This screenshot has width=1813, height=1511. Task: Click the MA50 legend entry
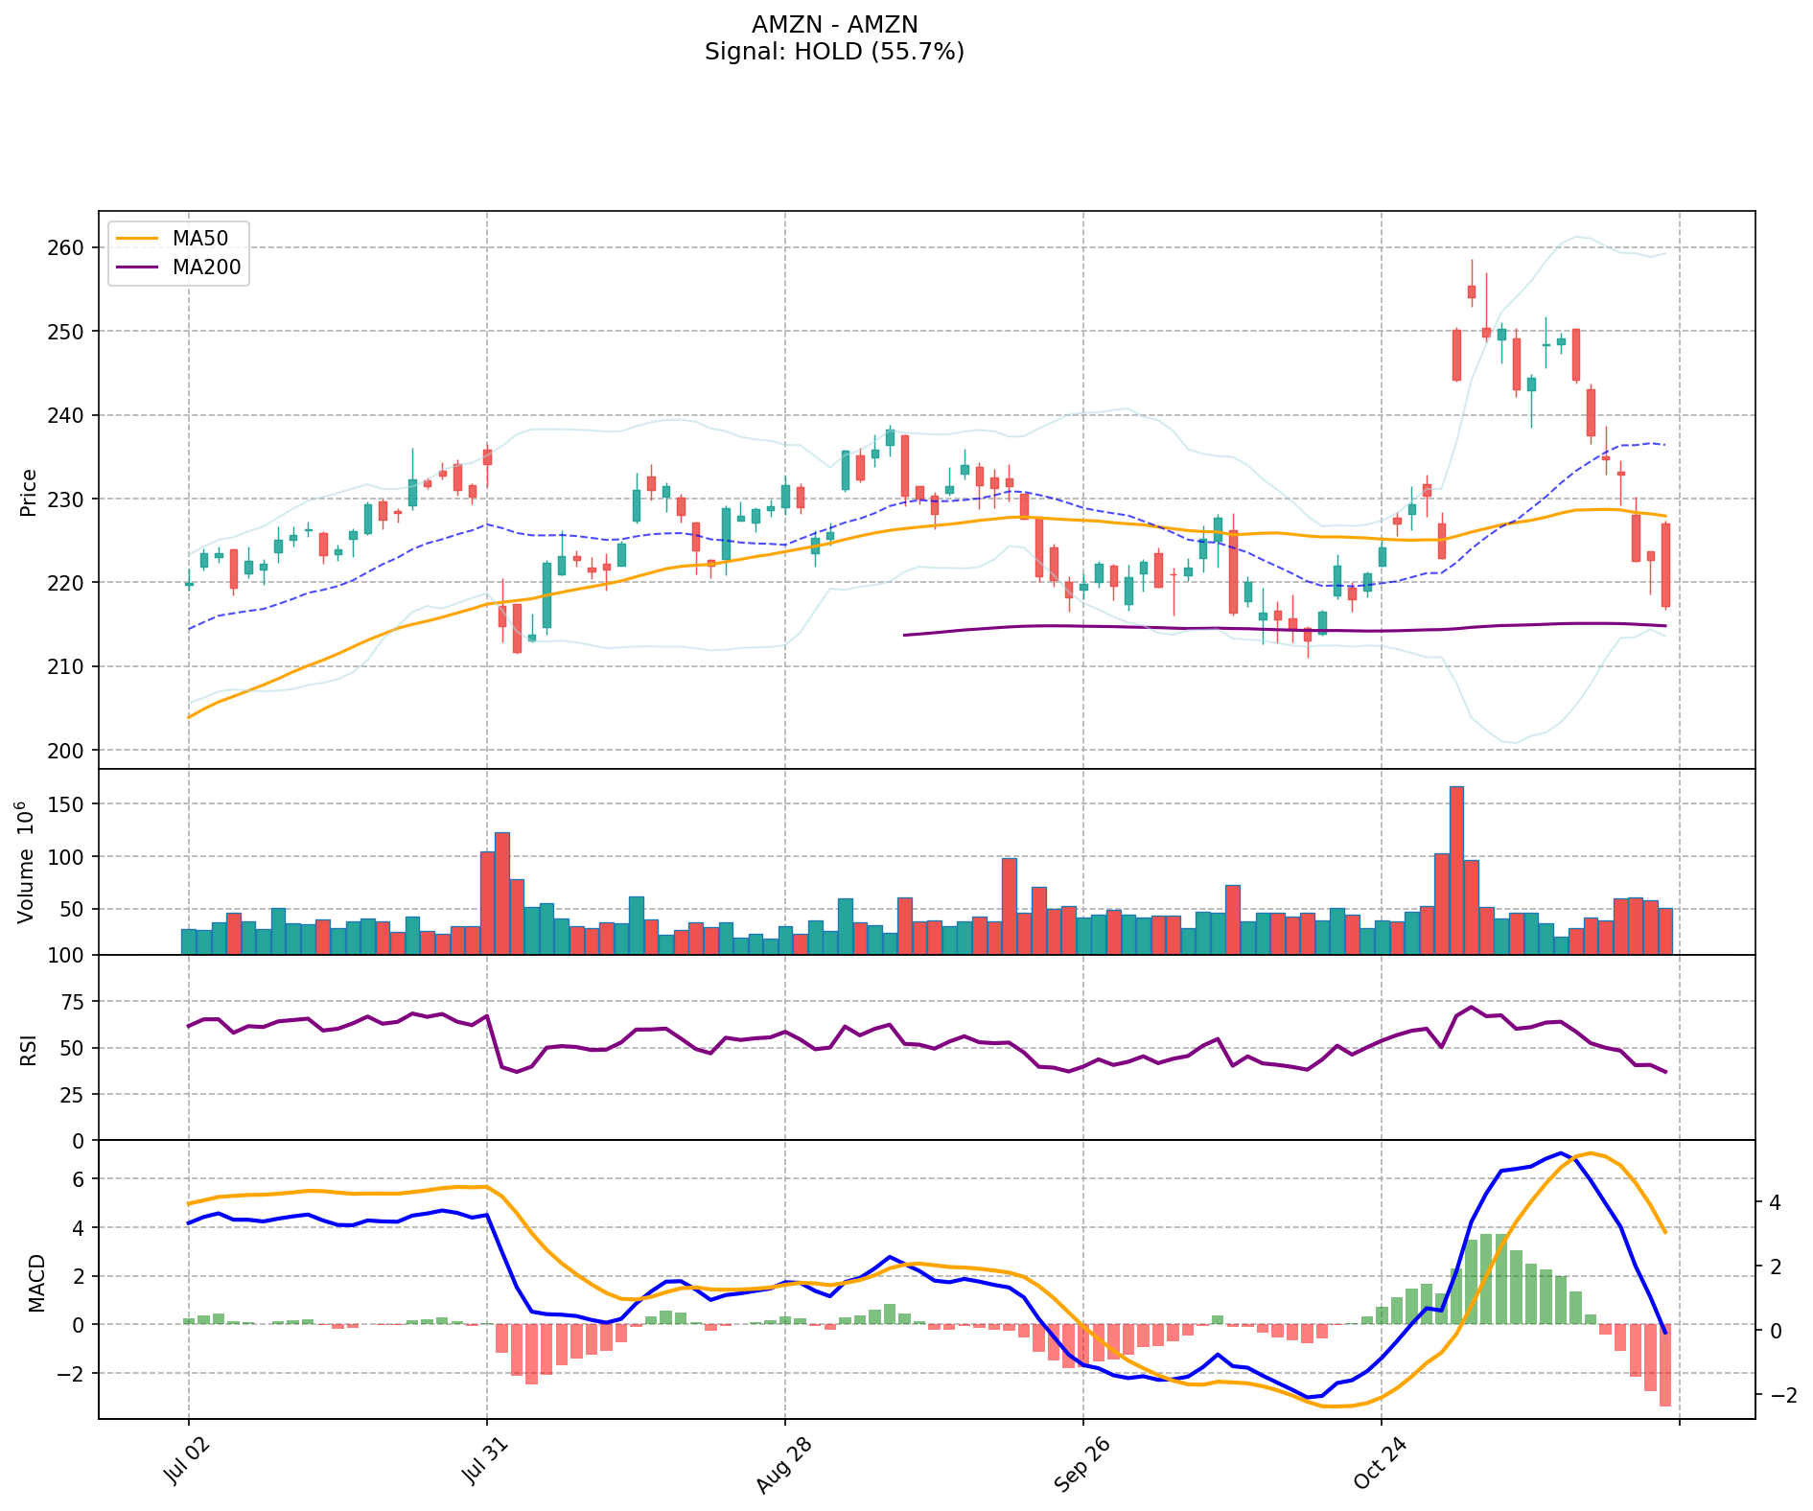[199, 239]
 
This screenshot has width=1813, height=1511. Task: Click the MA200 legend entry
[206, 267]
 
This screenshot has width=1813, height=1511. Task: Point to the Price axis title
[29, 492]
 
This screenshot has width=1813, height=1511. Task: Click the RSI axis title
[29, 1049]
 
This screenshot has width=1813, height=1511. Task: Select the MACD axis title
[36, 1283]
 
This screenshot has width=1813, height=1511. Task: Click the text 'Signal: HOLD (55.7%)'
[834, 52]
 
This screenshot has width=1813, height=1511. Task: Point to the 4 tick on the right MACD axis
[1775, 1202]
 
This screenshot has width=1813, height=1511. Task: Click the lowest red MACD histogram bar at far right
[1665, 1365]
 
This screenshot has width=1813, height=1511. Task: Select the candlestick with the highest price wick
[1472, 291]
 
